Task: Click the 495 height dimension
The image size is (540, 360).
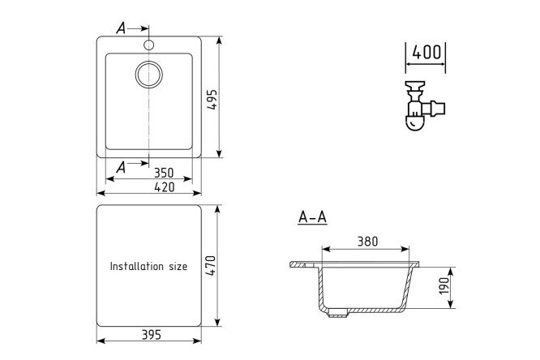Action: tap(212, 100)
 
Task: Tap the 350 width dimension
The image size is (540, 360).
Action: tap(164, 173)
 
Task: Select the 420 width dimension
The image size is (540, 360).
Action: tap(165, 187)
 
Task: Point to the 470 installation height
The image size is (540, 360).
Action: tap(211, 265)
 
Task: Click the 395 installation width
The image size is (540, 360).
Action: tap(152, 335)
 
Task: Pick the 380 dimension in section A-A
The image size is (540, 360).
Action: tap(367, 242)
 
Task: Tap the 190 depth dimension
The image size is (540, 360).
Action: tap(444, 285)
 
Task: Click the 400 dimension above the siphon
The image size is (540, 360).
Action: tap(426, 53)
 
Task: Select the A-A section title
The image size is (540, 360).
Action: tap(312, 217)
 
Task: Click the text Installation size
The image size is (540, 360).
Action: tap(148, 266)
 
